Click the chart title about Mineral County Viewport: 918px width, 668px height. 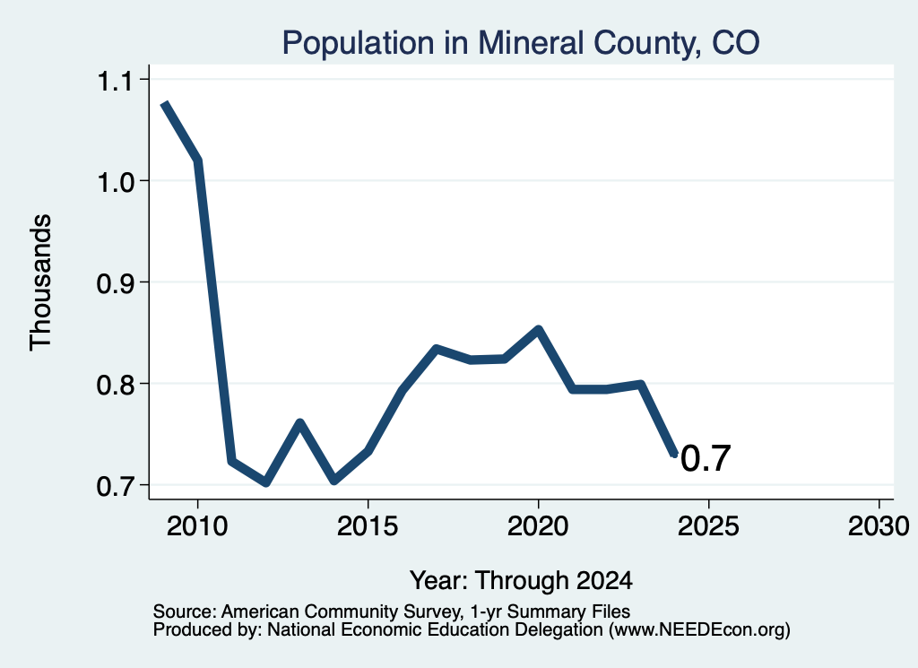click(521, 43)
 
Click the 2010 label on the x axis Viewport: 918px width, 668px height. click(197, 525)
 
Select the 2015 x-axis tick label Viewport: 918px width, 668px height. click(368, 525)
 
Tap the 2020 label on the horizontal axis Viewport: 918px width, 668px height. click(538, 525)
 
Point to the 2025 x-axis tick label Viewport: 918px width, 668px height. click(708, 525)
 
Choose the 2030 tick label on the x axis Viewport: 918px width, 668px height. click(879, 525)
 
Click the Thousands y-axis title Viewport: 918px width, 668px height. click(41, 282)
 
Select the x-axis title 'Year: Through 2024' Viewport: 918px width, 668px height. click(521, 580)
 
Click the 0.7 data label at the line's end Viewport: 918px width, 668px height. click(706, 458)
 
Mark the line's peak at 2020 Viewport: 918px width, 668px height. click(538, 329)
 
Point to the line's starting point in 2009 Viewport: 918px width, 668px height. click(165, 104)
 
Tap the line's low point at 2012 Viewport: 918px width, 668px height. click(266, 482)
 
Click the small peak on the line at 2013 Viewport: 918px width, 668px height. click(299, 422)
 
